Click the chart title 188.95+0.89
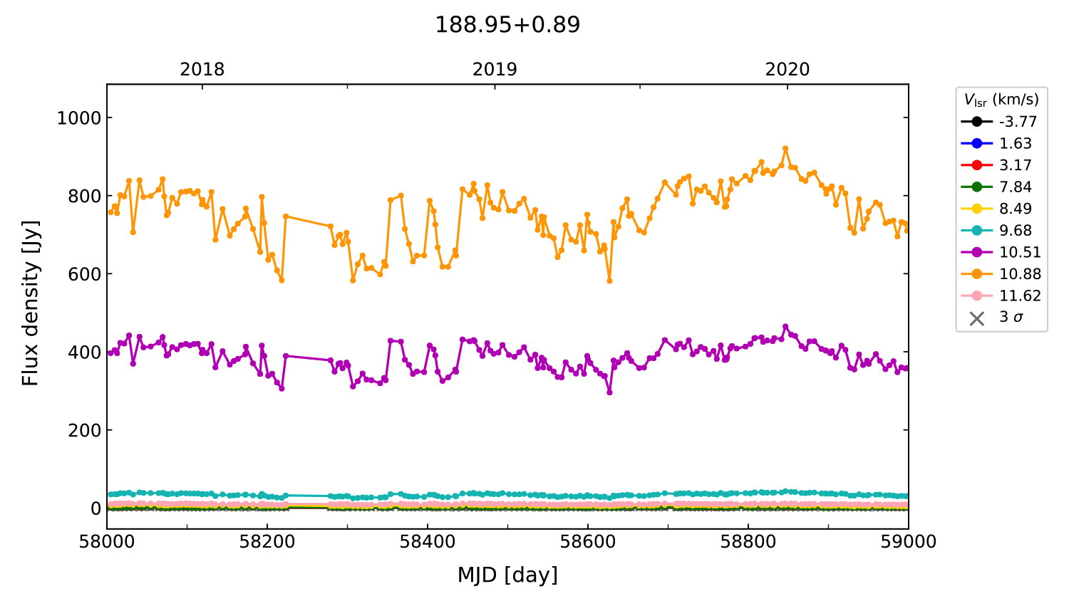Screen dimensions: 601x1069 (x=507, y=25)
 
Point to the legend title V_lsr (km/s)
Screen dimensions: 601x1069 (x=1001, y=100)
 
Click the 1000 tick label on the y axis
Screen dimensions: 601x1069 (x=79, y=118)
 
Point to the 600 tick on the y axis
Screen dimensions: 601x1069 (x=86, y=274)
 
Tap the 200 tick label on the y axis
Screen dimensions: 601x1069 (x=86, y=430)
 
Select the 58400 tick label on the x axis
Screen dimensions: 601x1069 (x=428, y=542)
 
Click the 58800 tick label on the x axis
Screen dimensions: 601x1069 (x=748, y=542)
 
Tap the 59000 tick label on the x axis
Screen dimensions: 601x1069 (x=908, y=542)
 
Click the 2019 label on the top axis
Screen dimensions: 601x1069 (x=495, y=70)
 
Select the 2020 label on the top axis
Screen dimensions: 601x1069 (x=787, y=70)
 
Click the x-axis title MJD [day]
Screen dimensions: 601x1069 (x=507, y=575)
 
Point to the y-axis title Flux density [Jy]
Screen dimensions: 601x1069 (x=31, y=303)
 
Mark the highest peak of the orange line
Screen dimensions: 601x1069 (x=785, y=148)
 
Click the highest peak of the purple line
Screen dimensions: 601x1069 (x=785, y=327)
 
